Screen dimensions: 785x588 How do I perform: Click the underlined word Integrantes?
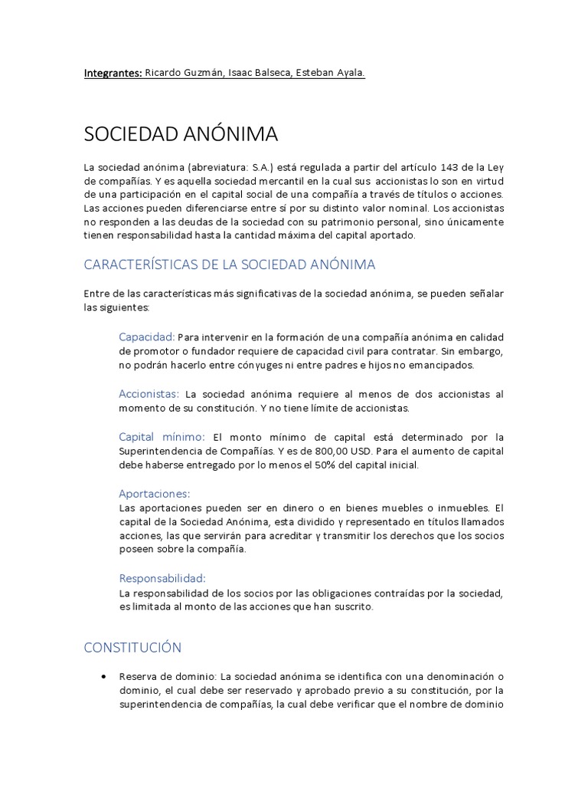113,74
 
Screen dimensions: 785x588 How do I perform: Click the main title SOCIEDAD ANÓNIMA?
181,135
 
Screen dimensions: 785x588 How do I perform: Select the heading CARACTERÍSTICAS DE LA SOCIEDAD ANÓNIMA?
230,264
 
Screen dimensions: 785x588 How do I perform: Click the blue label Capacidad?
147,337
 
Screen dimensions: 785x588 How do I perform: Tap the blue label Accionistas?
149,394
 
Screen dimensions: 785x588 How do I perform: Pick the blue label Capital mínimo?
162,437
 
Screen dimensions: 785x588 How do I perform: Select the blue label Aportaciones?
154,494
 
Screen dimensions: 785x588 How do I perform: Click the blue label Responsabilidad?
162,578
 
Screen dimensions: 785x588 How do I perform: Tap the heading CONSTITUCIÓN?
132,648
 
